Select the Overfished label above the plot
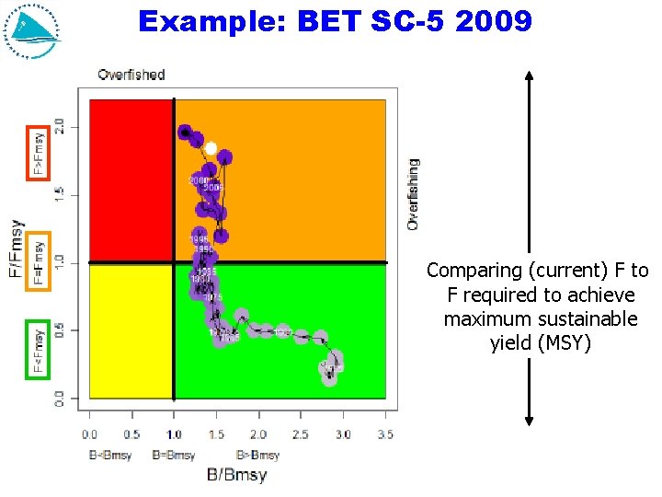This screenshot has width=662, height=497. tap(131, 75)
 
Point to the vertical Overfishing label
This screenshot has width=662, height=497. tap(413, 193)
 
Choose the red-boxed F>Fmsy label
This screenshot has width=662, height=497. tap(38, 151)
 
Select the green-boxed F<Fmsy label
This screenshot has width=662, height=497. tap(38, 350)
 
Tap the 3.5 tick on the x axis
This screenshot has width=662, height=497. tap(385, 434)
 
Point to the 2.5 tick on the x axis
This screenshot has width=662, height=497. tap(301, 434)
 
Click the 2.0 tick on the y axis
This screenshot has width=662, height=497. tap(60, 125)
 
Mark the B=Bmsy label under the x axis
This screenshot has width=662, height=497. tap(173, 455)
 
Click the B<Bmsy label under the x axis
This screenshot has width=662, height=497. tap(110, 455)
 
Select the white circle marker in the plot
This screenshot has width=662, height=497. tap(211, 148)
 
